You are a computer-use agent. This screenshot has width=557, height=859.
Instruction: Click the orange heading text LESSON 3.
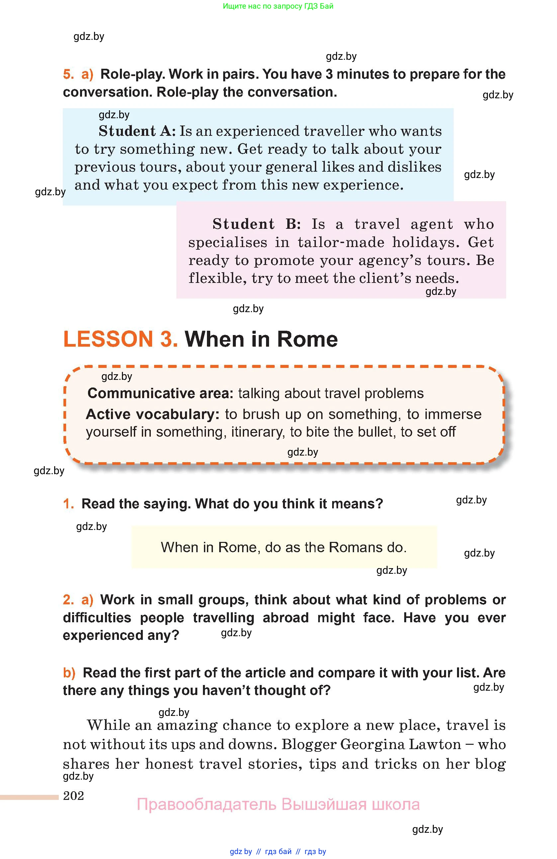point(120,339)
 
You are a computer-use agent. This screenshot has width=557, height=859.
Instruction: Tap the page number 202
point(73,796)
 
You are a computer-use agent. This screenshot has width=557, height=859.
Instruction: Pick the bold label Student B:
point(256,224)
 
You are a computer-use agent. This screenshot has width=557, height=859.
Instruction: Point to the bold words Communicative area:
point(160,393)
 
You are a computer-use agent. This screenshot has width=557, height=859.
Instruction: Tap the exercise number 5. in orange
point(68,74)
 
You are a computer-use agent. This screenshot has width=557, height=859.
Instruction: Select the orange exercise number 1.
point(68,504)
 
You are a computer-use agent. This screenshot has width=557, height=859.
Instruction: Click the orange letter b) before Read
point(69,673)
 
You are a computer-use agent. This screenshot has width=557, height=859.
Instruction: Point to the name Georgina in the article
point(364,744)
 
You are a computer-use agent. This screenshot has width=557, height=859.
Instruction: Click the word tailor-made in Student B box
point(341,242)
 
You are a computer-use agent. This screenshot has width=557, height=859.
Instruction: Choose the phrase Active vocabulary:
point(153,414)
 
